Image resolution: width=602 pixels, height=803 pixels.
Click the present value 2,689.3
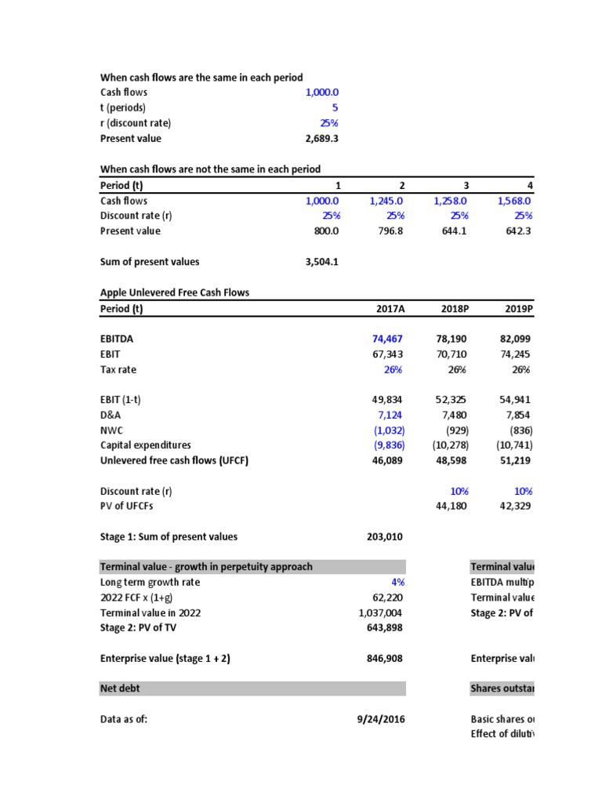click(321, 138)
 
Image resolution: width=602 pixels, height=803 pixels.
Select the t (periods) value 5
click(334, 107)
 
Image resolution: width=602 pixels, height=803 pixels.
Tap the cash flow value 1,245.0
click(386, 201)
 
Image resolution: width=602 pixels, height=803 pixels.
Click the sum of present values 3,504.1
click(321, 262)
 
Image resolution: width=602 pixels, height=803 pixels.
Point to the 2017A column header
click(390, 308)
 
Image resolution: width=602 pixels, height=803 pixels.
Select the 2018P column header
click(455, 308)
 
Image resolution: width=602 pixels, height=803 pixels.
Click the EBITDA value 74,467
click(387, 339)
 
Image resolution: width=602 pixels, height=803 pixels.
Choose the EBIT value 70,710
click(451, 354)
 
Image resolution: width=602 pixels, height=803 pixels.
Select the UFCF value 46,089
click(387, 460)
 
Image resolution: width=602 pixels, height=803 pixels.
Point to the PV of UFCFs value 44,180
click(451, 507)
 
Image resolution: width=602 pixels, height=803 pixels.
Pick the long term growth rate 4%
click(397, 582)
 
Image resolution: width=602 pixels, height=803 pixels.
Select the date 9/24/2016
click(381, 718)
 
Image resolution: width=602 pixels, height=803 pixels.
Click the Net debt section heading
click(121, 689)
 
